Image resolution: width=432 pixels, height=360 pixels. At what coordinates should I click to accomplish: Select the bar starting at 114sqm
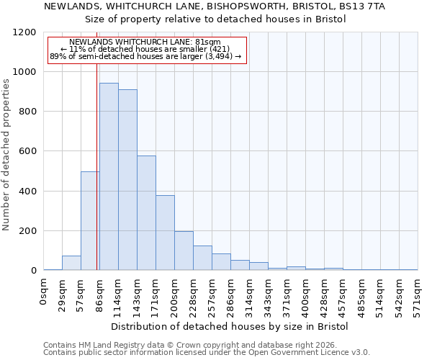127,180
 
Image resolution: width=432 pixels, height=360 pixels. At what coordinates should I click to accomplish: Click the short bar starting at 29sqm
71,263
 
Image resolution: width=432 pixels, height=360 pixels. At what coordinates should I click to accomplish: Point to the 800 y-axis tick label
26,112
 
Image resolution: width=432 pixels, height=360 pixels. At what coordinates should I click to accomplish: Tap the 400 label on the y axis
26,192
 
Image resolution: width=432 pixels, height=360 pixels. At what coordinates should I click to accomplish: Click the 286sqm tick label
230,297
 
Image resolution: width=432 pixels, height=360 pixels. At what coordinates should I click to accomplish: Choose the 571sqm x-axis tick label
418,297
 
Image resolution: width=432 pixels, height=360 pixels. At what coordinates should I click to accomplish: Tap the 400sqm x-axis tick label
305,297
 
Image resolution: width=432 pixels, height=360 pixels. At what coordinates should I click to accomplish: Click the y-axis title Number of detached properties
7,155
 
